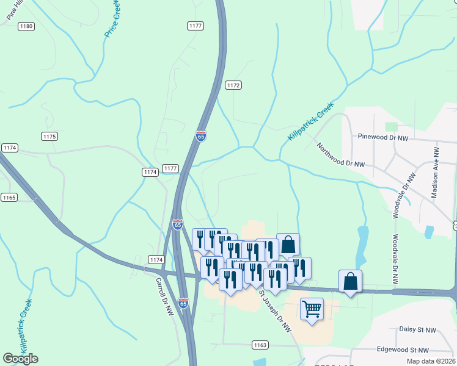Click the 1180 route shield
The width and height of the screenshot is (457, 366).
tap(26, 26)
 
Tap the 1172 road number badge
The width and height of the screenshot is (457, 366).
tap(233, 85)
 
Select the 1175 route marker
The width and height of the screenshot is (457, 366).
tap(49, 136)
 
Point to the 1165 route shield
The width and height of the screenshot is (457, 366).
tap(9, 198)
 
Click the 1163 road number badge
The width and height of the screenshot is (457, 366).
tap(260, 345)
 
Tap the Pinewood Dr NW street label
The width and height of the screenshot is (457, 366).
tap(382, 138)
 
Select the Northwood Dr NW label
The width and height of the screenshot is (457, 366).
tap(340, 155)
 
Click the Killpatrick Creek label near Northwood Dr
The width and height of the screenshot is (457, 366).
tap(311, 122)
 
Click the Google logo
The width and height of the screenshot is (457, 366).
tap(20, 359)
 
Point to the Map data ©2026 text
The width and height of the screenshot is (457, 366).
tap(430, 361)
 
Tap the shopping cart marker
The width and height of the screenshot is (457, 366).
tap(312, 309)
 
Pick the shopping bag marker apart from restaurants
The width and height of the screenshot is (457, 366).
tap(350, 281)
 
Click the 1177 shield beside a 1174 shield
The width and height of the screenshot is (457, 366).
tap(170, 168)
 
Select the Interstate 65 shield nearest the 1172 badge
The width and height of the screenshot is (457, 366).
tap(201, 137)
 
